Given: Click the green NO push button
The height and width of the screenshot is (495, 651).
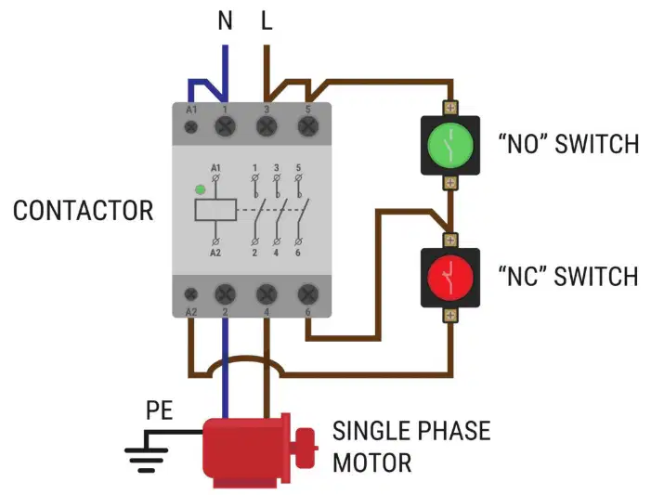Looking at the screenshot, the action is [450, 145].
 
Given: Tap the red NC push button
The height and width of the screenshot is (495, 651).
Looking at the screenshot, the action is [450, 278].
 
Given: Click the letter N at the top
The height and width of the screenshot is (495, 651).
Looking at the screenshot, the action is [225, 20].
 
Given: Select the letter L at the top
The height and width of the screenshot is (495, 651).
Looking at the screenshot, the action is [267, 20].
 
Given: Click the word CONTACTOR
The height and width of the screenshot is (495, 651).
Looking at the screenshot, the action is [83, 211].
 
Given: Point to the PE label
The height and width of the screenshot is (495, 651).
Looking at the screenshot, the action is [159, 410].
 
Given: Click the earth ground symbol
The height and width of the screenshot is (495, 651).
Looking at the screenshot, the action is [146, 456].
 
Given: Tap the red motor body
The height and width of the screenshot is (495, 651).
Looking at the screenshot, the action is [246, 451].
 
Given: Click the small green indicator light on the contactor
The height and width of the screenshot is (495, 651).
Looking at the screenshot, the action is [200, 189].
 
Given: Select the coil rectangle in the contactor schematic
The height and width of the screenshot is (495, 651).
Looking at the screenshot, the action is [215, 210].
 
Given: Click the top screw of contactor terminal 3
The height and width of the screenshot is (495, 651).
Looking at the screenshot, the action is [267, 126].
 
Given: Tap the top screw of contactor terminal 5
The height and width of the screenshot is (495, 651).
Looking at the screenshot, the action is [308, 126].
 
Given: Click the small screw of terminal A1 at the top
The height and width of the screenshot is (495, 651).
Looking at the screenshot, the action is [190, 126].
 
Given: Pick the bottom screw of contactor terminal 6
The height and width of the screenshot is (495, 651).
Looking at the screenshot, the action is [308, 294].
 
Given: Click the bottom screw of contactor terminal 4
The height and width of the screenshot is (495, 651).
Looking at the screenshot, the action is [267, 294].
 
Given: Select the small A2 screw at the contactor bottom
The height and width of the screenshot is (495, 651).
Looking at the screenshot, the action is [190, 294].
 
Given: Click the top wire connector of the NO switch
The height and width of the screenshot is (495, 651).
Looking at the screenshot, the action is [450, 108].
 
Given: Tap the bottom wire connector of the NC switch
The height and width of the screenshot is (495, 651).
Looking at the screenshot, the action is [450, 315].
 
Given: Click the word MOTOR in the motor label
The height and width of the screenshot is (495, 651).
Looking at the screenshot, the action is [372, 463].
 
